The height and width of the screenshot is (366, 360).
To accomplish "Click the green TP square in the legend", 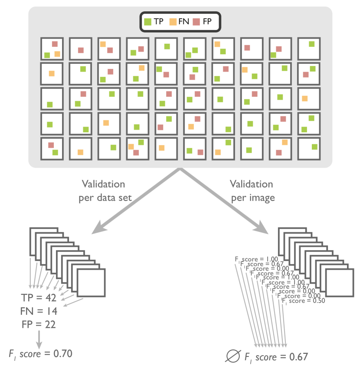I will (147, 21).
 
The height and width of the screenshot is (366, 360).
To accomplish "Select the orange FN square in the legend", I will (172, 21).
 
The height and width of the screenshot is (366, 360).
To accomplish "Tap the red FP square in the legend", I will (197, 21).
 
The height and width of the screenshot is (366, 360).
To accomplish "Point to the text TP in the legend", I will (158, 21).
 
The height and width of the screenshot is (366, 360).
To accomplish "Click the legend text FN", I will (183, 21).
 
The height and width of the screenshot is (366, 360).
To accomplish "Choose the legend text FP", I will (207, 21).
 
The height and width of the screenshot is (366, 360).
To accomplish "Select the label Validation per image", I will (251, 191).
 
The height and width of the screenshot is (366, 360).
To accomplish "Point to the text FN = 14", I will (39, 311).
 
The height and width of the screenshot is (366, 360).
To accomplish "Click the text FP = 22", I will (39, 324).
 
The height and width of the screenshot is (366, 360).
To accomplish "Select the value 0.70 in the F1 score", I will (62, 353).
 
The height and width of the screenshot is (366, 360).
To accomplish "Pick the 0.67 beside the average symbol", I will (298, 357).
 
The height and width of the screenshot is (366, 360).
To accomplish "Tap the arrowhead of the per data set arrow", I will (96, 229).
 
